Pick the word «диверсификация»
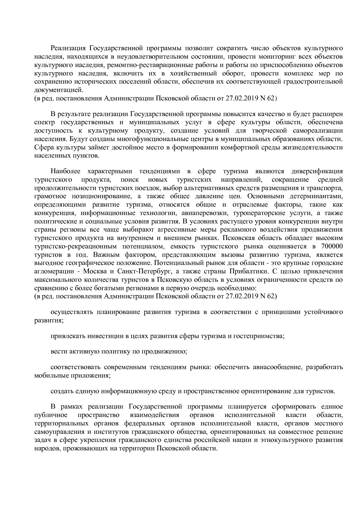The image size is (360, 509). tap(317, 171)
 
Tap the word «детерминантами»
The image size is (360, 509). tap(318, 196)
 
